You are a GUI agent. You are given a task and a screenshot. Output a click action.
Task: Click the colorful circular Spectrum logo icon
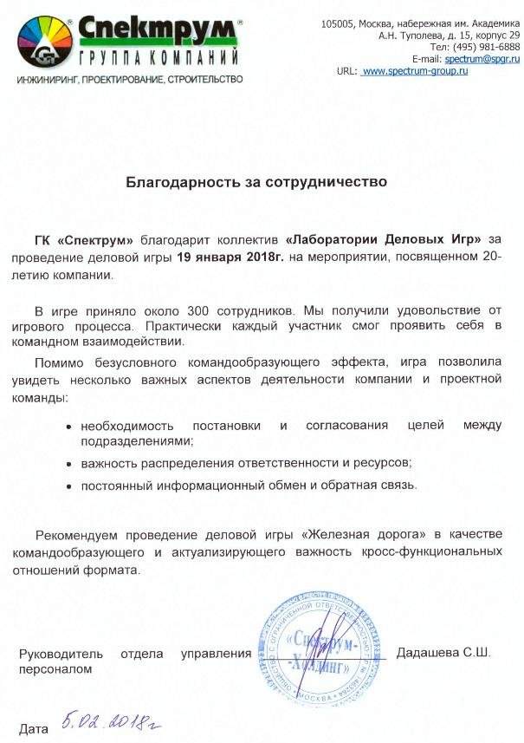tap(43, 42)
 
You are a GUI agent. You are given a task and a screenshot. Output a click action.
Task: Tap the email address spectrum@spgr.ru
tap(482, 58)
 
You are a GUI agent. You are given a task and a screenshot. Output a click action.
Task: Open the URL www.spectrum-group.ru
tap(415, 70)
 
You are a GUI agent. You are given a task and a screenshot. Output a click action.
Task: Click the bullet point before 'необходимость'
tap(68, 426)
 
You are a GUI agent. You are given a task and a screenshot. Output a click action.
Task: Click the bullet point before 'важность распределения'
tap(68, 464)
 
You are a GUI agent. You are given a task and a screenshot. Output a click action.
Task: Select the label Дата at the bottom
tap(34, 729)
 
